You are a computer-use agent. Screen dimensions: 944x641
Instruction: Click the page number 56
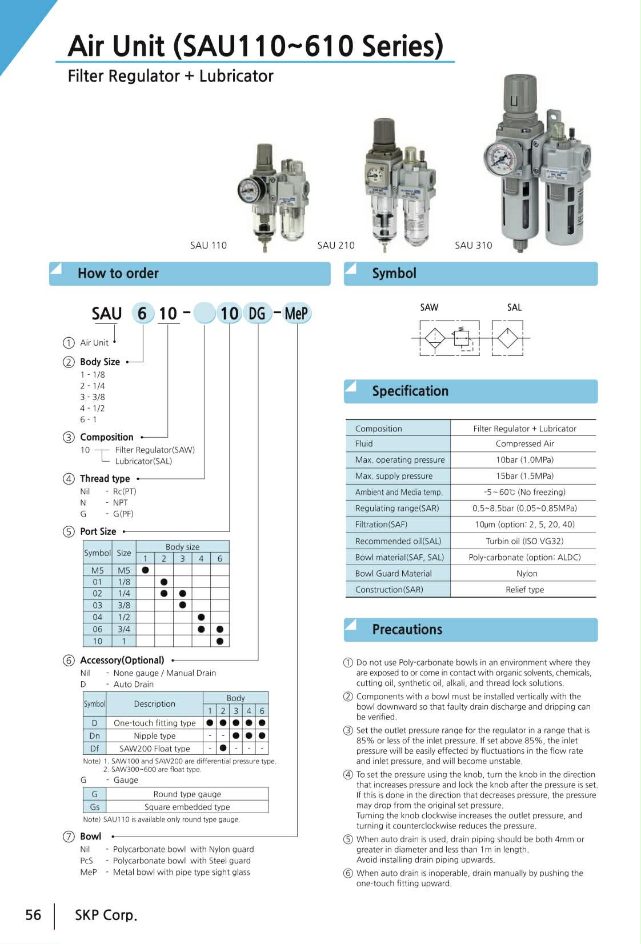33,915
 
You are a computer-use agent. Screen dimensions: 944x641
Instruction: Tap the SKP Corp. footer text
106,915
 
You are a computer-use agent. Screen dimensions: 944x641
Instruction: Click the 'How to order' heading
118,273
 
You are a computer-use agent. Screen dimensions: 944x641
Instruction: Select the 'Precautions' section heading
407,629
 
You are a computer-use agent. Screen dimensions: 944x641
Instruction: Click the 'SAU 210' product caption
336,245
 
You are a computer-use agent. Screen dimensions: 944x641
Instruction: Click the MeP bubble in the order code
297,313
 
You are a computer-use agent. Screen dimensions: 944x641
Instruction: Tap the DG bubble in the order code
257,313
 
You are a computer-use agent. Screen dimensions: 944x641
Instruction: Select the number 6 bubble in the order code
142,313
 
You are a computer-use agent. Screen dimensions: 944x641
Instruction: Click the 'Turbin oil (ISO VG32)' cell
524,541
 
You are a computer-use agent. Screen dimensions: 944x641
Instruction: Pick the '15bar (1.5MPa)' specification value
524,475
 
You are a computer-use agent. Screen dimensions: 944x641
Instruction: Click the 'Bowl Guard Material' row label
393,573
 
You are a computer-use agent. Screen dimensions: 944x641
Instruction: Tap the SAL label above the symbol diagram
514,307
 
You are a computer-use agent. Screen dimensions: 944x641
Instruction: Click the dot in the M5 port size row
145,570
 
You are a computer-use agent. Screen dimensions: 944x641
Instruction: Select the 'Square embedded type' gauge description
187,807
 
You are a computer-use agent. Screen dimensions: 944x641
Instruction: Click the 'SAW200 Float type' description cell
154,748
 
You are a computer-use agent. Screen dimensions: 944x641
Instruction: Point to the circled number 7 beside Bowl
69,837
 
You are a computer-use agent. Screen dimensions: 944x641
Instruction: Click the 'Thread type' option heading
105,478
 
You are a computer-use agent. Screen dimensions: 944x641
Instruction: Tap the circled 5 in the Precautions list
348,839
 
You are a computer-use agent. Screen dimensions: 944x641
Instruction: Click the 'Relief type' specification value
524,589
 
